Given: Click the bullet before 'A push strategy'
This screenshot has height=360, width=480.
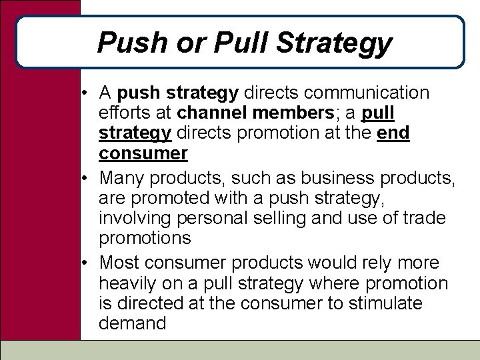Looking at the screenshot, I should click(x=87, y=92).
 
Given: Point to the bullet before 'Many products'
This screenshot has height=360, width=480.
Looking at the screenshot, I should click(x=87, y=177).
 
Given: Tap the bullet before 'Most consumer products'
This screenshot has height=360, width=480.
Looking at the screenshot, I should click(x=87, y=263).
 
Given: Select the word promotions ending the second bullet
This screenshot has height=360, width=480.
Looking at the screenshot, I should click(x=144, y=239).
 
